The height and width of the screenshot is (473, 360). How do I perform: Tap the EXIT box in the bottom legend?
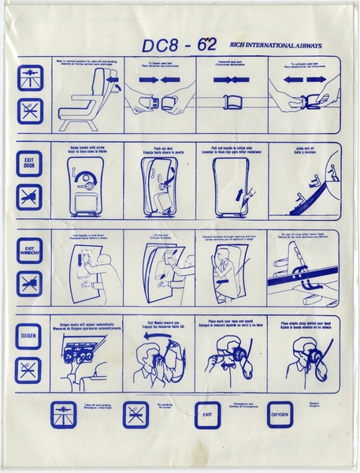(207, 415)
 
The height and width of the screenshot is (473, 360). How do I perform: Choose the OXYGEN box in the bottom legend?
(280, 415)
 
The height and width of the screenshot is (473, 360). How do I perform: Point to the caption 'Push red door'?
(160, 149)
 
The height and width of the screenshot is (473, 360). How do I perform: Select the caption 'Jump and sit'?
(304, 149)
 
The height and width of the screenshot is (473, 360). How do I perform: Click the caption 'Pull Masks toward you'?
(160, 326)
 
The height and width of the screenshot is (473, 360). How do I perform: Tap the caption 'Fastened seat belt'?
(232, 62)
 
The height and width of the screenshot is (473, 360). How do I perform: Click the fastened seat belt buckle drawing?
(232, 101)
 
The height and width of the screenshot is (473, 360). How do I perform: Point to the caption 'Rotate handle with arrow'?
(87, 149)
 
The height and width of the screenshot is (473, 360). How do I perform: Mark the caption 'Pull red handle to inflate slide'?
(232, 149)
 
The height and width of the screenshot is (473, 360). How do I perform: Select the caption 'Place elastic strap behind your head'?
(304, 326)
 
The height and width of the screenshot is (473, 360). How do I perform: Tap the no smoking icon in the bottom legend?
(135, 415)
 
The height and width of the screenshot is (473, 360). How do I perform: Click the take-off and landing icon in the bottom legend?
(63, 415)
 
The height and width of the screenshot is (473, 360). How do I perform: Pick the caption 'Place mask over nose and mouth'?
(232, 326)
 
